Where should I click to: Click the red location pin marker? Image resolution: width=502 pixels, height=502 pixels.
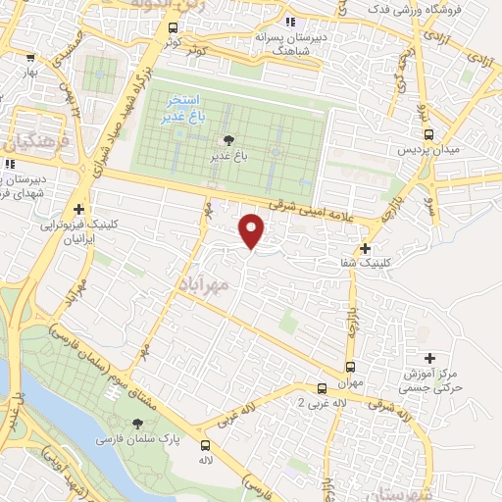point(252,231)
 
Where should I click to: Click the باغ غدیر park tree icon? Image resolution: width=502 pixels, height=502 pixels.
point(228,141)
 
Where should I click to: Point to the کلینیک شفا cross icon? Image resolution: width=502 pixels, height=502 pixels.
point(365,248)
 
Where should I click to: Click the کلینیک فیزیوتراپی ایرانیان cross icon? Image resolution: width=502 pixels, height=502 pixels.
point(79,208)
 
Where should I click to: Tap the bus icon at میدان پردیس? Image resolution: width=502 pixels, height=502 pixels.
point(427,135)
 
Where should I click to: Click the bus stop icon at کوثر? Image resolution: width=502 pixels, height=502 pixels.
point(173,28)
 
